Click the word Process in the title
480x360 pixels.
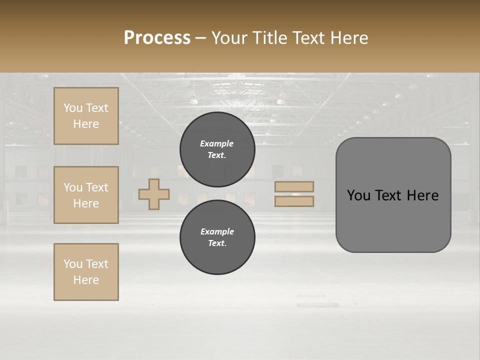[157, 38]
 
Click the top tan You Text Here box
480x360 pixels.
[86, 116]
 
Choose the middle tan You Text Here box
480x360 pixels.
[86, 195]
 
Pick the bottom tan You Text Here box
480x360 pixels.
[86, 272]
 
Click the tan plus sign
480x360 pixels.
[154, 194]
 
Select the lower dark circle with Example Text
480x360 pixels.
[217, 237]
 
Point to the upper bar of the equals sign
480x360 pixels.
[294, 186]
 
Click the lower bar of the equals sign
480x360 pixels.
[294, 201]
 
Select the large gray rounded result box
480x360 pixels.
[393, 194]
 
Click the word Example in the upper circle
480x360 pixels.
[217, 143]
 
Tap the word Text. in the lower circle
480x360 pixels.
[217, 243]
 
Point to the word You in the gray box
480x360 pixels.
[358, 195]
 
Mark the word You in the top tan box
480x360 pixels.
[73, 108]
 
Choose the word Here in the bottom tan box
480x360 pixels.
[86, 280]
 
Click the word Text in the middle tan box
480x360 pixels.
[96, 187]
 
